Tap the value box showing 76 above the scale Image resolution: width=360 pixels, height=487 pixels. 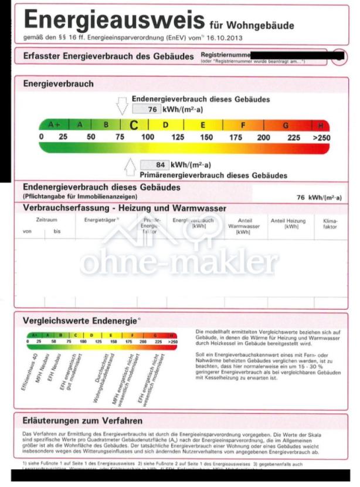(146, 109)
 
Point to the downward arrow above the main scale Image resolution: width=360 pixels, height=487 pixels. (122, 106)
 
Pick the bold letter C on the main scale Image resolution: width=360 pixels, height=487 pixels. (134, 125)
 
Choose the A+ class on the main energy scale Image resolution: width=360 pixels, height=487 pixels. (55, 125)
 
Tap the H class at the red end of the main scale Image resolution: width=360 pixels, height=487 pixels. (321, 125)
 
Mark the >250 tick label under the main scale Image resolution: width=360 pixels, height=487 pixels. (321, 137)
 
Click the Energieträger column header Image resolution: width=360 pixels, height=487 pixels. (101, 220)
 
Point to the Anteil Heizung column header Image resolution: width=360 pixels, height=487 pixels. (288, 223)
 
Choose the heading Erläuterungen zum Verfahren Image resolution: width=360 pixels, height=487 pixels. (82, 421)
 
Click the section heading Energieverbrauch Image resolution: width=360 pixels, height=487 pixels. (58, 84)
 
